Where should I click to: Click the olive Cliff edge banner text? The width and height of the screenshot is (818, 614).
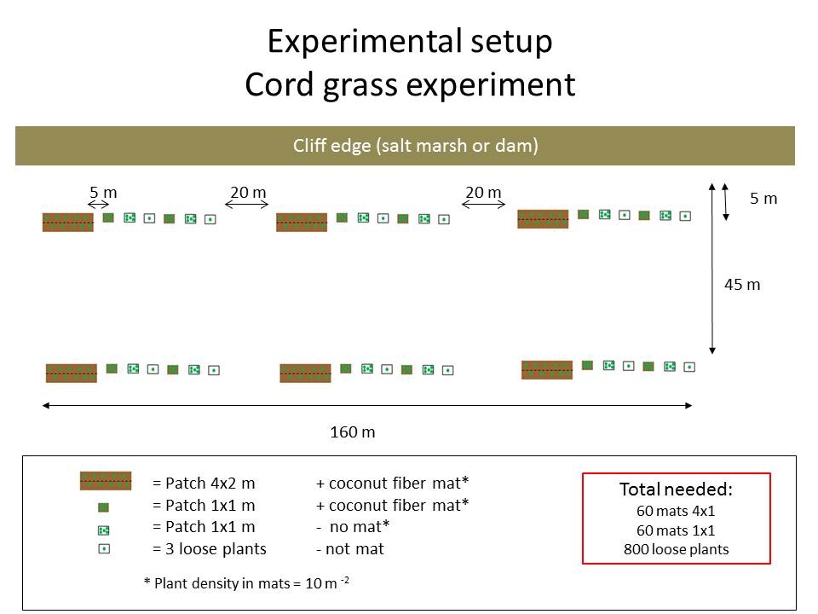(x=415, y=145)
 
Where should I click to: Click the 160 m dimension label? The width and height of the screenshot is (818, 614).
(x=353, y=432)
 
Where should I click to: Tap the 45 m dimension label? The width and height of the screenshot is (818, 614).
(x=742, y=285)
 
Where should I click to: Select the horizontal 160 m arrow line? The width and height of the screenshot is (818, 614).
(x=367, y=405)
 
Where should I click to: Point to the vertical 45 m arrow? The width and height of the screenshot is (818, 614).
(x=712, y=269)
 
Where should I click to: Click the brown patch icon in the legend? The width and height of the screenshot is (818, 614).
(x=106, y=481)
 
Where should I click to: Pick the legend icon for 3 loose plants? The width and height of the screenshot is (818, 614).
(x=104, y=548)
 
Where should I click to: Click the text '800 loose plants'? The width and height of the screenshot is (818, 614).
(x=676, y=549)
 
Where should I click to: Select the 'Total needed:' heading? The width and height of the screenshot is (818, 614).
(x=676, y=489)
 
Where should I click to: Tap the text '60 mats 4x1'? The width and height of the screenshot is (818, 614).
(x=676, y=511)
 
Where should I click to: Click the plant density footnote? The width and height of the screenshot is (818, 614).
(x=246, y=582)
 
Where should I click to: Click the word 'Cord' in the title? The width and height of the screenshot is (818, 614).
(x=279, y=84)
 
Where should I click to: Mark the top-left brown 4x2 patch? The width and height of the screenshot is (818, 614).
(x=68, y=223)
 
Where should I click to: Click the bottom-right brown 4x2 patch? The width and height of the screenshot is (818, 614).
(x=547, y=369)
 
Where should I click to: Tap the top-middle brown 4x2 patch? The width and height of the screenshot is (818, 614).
(x=302, y=223)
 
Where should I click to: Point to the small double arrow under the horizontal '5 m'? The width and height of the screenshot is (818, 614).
(x=99, y=205)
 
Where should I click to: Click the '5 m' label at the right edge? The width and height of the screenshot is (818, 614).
(x=763, y=199)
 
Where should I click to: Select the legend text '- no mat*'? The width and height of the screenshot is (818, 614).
(x=353, y=527)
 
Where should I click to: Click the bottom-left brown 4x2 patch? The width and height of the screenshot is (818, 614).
(x=72, y=374)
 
